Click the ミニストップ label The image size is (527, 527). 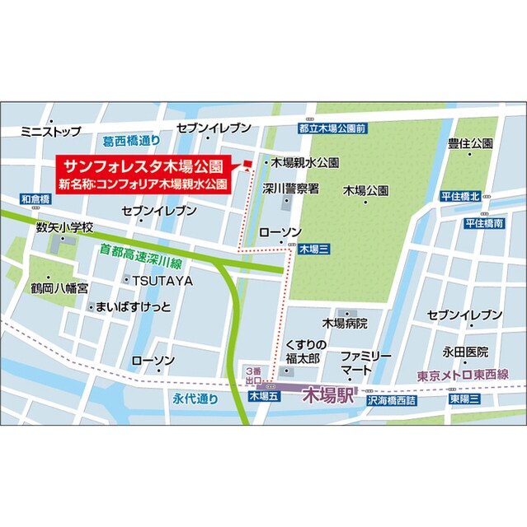click(x=51, y=130)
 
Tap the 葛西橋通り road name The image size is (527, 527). click(x=131, y=142)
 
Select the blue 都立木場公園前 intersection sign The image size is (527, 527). click(x=332, y=128)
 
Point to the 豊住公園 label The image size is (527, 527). click(x=470, y=143)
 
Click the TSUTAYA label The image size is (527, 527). click(x=162, y=281)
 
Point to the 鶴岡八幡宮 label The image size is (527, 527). click(x=59, y=289)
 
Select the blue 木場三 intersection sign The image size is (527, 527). click(x=314, y=248)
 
